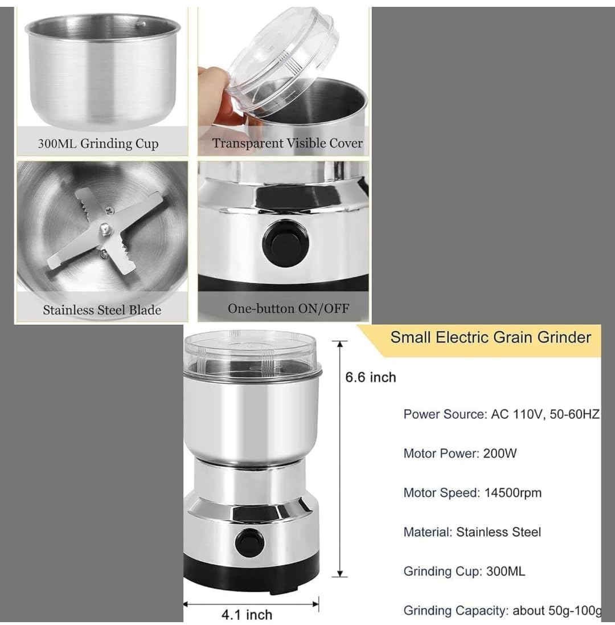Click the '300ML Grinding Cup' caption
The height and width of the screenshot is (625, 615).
(x=99, y=144)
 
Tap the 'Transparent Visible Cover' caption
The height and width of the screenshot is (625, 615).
(x=288, y=143)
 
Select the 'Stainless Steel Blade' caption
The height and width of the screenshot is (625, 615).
(x=102, y=310)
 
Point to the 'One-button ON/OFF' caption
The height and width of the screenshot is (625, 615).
(x=288, y=308)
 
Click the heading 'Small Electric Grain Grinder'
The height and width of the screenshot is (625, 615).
(x=490, y=337)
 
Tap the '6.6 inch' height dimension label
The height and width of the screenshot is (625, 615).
(x=371, y=377)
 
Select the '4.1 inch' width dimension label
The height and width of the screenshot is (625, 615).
(x=247, y=615)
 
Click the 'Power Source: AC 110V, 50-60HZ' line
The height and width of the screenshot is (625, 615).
(x=501, y=414)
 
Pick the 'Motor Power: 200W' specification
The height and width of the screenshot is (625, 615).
(x=460, y=454)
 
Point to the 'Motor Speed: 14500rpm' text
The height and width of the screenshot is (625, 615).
(x=472, y=493)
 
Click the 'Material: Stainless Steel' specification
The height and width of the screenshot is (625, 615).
(x=472, y=532)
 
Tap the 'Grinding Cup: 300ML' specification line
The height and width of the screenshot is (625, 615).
(x=464, y=571)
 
